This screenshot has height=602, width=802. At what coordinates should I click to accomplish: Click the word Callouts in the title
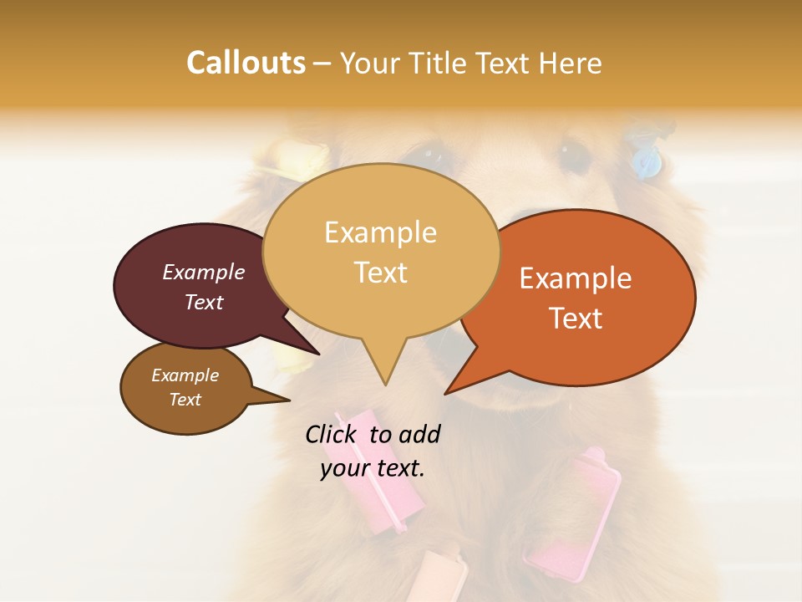(x=246, y=63)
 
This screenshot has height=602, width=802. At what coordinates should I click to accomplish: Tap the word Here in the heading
(x=571, y=63)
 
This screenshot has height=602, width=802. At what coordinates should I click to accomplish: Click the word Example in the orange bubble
(x=576, y=278)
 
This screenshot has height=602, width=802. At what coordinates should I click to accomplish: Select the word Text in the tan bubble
(x=381, y=273)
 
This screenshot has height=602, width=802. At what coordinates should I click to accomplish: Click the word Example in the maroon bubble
(x=204, y=272)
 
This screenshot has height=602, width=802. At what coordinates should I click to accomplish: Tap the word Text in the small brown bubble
(x=185, y=400)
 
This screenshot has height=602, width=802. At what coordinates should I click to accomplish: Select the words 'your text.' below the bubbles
(x=373, y=468)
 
